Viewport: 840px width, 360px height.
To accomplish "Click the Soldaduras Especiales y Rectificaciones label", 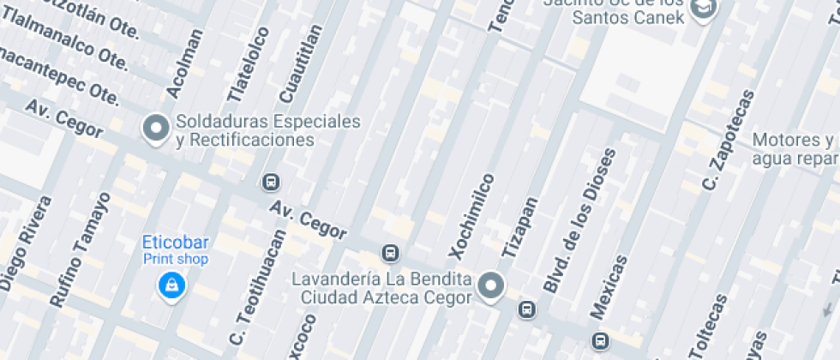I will pyautogui.click(x=267, y=130).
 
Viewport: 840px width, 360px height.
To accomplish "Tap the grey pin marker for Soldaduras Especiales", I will pyautogui.click(x=155, y=129).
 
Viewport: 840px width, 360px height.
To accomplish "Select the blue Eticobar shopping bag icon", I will pyautogui.click(x=172, y=285).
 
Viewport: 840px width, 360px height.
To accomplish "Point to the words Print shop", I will pyautogui.click(x=175, y=258).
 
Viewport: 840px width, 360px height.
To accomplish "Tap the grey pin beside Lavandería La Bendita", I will pyautogui.click(x=491, y=285).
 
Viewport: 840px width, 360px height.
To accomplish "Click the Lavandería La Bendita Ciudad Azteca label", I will pyautogui.click(x=381, y=288).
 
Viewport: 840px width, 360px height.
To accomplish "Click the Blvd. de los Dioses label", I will pyautogui.click(x=580, y=221).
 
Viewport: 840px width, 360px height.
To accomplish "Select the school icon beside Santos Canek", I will pyautogui.click(x=704, y=9).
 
